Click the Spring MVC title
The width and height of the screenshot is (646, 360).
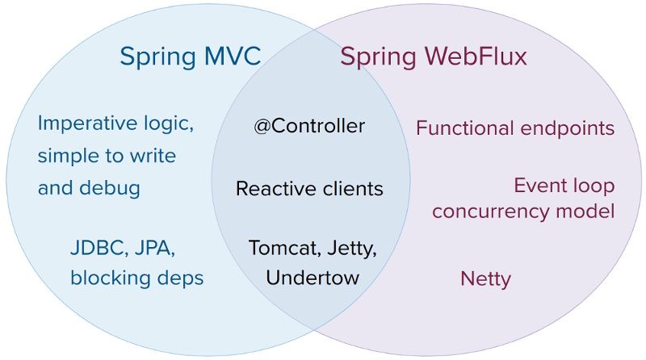(190, 57)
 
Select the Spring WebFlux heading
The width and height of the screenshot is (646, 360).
(433, 57)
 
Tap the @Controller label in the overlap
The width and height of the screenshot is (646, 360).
(309, 127)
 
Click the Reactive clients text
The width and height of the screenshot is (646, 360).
(309, 189)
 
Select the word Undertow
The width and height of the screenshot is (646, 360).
(312, 278)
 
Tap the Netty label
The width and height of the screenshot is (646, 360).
(485, 279)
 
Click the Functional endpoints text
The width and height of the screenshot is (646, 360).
(515, 128)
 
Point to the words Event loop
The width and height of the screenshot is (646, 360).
(564, 186)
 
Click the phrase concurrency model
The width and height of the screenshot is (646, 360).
(523, 211)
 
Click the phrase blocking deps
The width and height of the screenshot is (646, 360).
(136, 278)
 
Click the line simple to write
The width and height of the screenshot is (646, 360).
(106, 155)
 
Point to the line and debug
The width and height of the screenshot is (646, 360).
(89, 188)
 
